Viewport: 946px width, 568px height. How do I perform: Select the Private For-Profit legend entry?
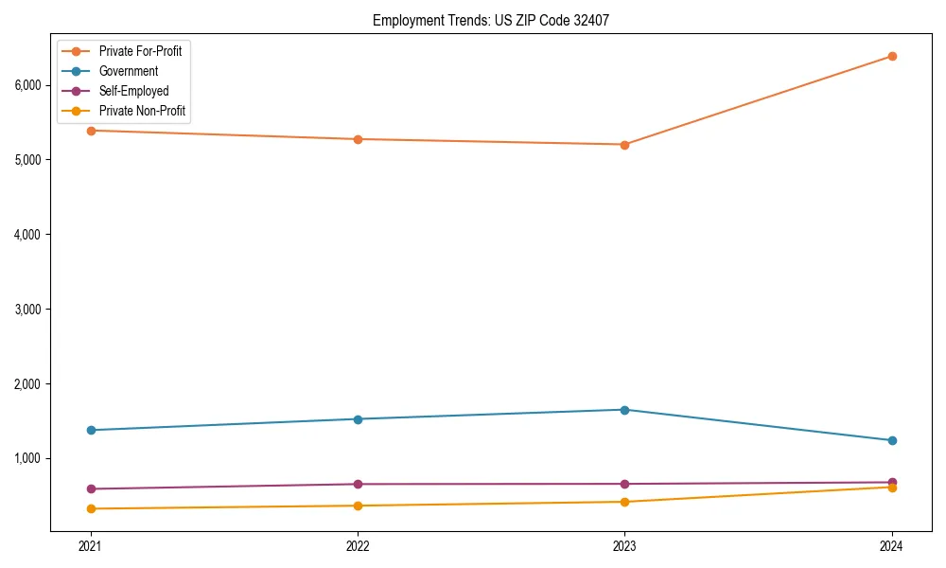[x=140, y=51]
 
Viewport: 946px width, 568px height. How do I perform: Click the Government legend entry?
[x=129, y=71]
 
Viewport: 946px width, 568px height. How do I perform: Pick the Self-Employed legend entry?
[x=133, y=92]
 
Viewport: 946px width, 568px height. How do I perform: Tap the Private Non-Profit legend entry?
[x=142, y=112]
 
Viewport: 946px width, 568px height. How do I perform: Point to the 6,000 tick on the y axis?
[x=27, y=85]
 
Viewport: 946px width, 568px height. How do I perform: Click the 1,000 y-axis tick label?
[x=27, y=458]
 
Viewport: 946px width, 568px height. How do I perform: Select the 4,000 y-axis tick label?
[x=27, y=235]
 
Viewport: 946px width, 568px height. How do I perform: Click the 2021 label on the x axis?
[x=91, y=546]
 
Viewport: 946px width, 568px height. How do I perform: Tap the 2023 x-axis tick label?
[x=624, y=546]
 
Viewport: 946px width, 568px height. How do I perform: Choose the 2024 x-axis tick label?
[x=891, y=546]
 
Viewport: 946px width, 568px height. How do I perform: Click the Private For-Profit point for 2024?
[x=892, y=56]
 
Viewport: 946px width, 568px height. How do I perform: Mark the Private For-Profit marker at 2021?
[x=91, y=131]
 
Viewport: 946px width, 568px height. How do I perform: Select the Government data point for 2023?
[x=624, y=410]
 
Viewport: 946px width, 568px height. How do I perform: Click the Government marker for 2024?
[x=892, y=440]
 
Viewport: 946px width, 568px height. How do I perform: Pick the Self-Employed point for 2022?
[x=358, y=484]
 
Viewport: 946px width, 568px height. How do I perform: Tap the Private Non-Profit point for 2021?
[x=91, y=509]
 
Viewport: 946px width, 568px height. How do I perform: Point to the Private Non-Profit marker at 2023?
[x=624, y=502]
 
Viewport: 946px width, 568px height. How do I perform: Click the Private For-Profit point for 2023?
[x=624, y=145]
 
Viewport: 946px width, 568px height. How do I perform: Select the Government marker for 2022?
[x=358, y=419]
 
